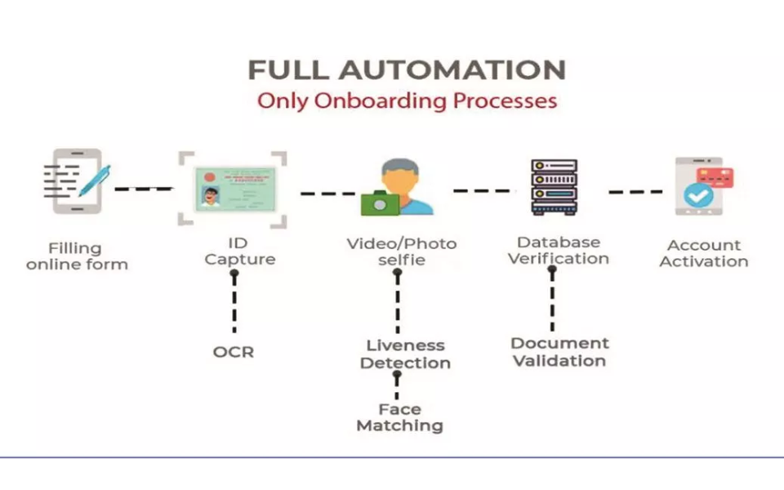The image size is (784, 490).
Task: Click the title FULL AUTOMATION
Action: pos(407,69)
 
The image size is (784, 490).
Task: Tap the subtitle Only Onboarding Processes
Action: pos(407,101)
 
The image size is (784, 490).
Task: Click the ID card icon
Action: pos(233,187)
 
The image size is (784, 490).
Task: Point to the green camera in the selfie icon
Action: pos(378,202)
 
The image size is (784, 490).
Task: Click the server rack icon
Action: pos(554,187)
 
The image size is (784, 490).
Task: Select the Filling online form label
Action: pos(77,256)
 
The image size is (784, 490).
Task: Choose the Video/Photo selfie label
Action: pos(401,252)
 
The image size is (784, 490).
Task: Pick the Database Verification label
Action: pos(559,250)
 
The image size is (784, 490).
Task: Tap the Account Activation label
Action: pos(703,253)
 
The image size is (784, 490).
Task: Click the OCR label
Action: pos(234,352)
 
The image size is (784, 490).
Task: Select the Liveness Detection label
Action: pos(405,354)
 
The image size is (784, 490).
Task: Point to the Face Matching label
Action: pos(399,417)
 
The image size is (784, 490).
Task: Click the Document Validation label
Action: pos(559,352)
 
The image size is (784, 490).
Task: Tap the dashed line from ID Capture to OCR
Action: pos(234,302)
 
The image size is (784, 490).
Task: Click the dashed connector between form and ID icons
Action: pos(143,189)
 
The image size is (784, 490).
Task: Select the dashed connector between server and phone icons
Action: pos(635,192)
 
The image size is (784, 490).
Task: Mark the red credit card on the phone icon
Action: pos(715,177)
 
